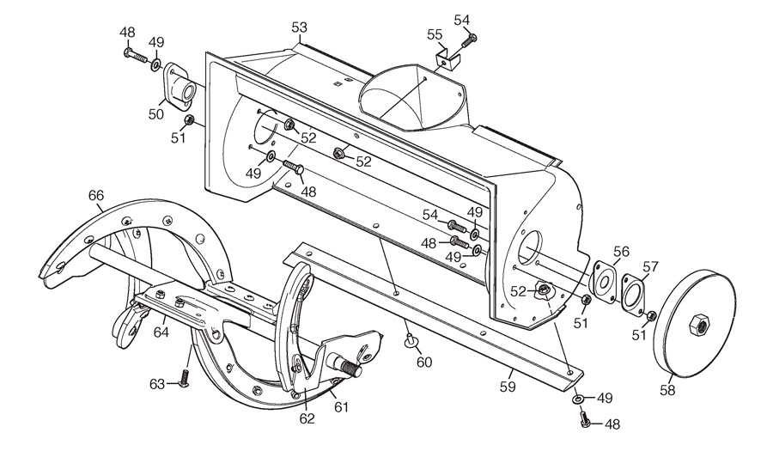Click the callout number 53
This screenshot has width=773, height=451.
coord(299,27)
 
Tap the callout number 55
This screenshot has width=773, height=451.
coord(435,34)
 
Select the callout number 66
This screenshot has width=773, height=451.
coord(96,196)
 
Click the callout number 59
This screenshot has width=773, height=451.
coord(508,387)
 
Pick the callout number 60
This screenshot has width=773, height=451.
coord(424,363)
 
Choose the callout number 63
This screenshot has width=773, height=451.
coord(157,384)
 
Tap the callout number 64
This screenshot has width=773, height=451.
coord(161,332)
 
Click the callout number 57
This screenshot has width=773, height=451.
coord(651,266)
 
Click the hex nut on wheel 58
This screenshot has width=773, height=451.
coord(698,326)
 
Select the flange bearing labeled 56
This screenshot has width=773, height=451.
coord(604,281)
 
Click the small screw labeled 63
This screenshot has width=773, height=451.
coord(186,379)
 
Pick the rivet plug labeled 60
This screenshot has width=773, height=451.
coord(410,340)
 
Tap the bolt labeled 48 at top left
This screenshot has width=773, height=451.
coord(136,55)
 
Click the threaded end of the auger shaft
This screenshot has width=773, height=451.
coord(351,368)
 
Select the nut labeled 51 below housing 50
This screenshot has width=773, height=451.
coord(188,119)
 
